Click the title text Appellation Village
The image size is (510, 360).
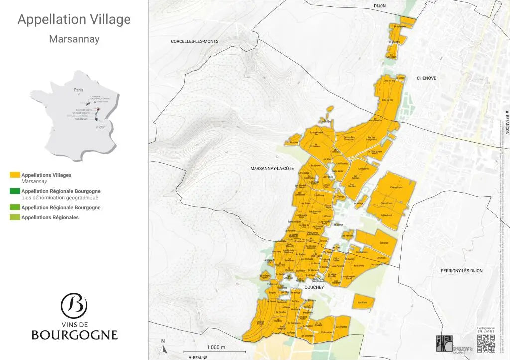click(74, 19)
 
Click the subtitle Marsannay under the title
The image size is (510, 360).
click(74, 39)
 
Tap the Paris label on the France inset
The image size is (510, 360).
click(78, 90)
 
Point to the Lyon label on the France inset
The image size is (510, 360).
click(102, 127)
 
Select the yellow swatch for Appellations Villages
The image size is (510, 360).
click(15, 175)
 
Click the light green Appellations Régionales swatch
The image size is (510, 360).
click(15, 217)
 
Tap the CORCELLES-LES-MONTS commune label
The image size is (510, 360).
click(194, 41)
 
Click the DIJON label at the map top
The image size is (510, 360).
click(380, 6)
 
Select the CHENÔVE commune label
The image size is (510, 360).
click(426, 78)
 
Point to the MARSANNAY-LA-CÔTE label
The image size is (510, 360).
click(272, 169)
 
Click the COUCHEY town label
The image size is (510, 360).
click(314, 287)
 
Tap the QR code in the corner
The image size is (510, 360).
click(486, 344)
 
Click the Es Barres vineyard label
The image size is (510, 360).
click(383, 243)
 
